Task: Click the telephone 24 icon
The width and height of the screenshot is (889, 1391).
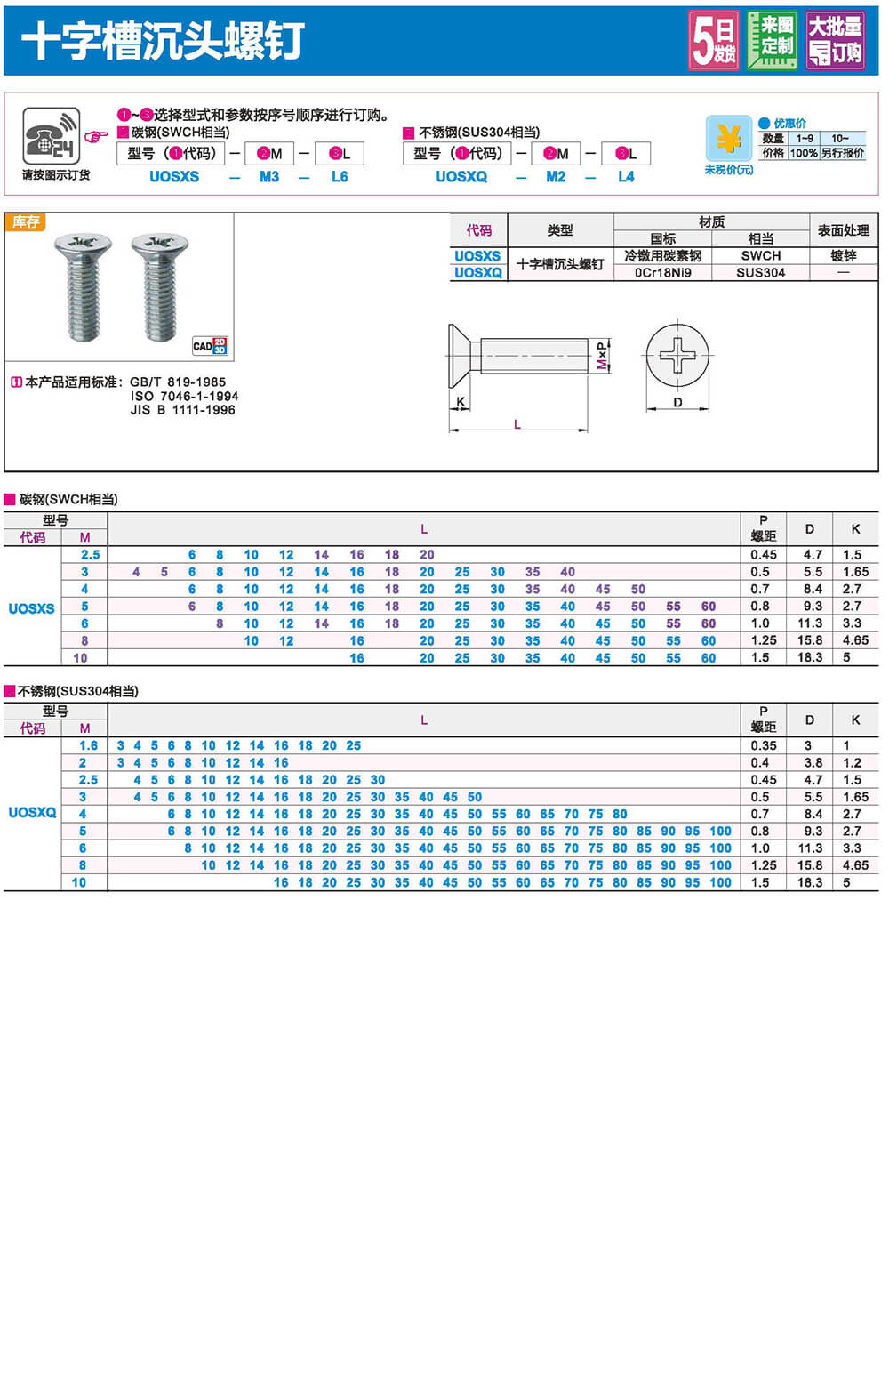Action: tap(52, 136)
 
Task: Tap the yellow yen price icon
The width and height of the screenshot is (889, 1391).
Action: tap(728, 139)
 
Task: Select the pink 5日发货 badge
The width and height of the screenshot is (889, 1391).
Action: tap(714, 41)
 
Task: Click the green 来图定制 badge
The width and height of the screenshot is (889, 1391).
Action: tap(772, 40)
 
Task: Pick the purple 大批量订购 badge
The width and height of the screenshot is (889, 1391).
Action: tap(835, 40)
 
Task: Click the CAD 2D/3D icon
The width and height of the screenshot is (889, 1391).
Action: tap(211, 346)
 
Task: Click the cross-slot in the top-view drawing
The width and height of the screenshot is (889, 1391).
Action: tap(678, 355)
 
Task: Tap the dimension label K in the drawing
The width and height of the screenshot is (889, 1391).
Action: tap(461, 402)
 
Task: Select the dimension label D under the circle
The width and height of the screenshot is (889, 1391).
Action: tap(677, 402)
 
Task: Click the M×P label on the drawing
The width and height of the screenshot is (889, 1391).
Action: tap(603, 355)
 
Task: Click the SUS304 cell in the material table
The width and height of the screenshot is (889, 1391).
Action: tap(760, 272)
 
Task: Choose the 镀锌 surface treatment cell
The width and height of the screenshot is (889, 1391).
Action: tap(843, 255)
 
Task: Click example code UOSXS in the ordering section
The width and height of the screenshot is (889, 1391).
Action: tap(174, 176)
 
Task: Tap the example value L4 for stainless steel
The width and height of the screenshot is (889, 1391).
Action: tap(626, 176)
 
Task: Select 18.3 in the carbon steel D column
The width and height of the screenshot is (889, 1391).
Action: tap(809, 657)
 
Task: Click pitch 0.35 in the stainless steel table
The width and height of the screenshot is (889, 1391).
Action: tap(763, 745)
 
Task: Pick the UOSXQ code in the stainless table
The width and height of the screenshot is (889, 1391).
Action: tap(32, 812)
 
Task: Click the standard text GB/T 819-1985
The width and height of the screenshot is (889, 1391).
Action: tap(178, 382)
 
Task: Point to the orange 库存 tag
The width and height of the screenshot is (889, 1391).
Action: tap(26, 221)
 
